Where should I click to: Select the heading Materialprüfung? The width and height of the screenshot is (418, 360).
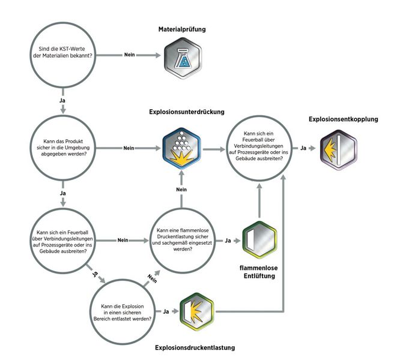tap(184, 29)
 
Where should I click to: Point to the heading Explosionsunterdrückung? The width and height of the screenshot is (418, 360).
tap(187, 112)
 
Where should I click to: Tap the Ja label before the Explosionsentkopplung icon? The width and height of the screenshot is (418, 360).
tap(304, 148)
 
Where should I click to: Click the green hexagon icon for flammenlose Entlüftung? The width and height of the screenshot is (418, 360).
tap(259, 241)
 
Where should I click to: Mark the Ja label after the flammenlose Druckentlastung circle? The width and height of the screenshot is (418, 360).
tap(228, 241)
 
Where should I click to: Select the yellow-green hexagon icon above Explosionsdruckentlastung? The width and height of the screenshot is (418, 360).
tap(196, 311)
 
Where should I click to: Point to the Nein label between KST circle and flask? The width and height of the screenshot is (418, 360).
tap(129, 56)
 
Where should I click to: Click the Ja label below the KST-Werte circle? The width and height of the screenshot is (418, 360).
tap(62, 100)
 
